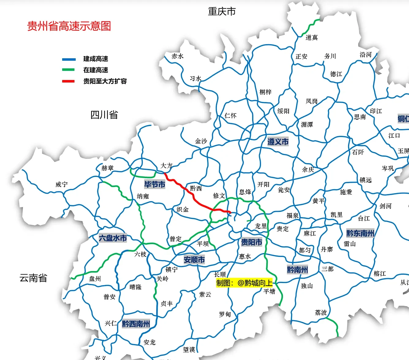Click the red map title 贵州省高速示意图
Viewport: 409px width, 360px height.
coord(69,26)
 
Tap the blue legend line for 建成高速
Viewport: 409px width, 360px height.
coord(69,59)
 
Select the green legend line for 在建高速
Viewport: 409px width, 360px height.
coord(69,70)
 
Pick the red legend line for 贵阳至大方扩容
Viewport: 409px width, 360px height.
coord(69,81)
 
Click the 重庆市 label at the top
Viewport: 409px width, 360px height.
coord(222,12)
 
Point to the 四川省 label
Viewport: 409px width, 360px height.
coord(104,115)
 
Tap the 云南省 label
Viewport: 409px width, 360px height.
coord(33,278)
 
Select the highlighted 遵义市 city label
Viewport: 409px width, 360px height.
coord(278,142)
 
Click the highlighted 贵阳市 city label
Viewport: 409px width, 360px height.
coord(252,242)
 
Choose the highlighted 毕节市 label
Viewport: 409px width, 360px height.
coord(155,184)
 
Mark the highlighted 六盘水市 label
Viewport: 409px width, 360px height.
coord(113,238)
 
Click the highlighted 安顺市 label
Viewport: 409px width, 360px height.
coord(194,260)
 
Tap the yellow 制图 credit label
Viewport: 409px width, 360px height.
coord(244,283)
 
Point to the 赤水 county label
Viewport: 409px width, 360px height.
coord(177,56)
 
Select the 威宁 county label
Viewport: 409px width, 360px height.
coord(62,184)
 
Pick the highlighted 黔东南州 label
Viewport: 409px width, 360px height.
coord(360,233)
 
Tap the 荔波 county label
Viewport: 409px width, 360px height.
coord(321,312)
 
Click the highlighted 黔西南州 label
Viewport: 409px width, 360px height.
coord(136,324)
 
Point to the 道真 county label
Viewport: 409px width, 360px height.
coord(312,37)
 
